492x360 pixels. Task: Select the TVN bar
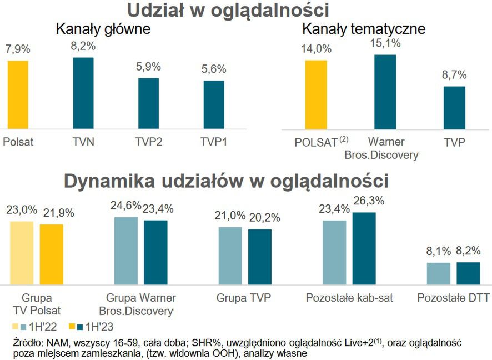coord(83,93)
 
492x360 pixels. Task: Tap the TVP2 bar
coord(148,104)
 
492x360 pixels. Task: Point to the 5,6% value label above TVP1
coord(214,69)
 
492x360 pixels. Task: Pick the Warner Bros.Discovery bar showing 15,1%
coord(385,92)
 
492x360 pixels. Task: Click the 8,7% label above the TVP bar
coord(454,74)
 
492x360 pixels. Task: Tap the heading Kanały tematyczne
coord(364,29)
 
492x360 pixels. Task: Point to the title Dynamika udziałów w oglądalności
coord(226,182)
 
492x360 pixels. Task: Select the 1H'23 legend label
coord(101,326)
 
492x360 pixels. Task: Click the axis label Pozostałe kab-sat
coord(349,298)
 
